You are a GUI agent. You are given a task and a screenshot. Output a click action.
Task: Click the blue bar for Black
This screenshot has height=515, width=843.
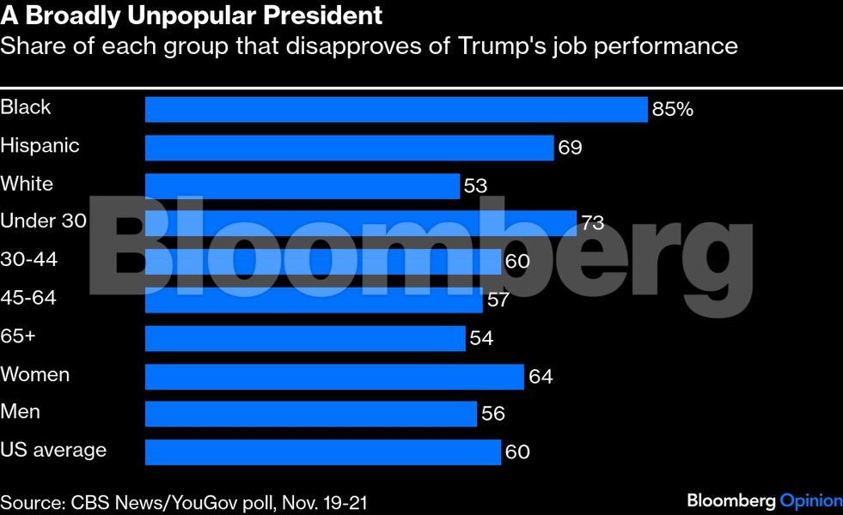[395, 109]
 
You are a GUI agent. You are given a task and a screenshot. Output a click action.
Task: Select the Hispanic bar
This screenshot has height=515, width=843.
[349, 148]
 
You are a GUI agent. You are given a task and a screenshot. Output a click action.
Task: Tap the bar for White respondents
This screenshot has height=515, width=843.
[302, 186]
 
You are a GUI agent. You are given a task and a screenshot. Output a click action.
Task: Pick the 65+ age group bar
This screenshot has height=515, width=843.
[305, 338]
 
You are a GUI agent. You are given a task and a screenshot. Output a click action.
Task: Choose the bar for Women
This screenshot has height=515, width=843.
[334, 376]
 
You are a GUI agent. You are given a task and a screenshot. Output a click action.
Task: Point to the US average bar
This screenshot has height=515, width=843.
[322, 451]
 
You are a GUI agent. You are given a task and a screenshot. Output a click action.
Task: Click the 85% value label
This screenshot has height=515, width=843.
[672, 109]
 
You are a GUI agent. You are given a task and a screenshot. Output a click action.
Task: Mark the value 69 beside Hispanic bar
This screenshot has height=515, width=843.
[570, 148]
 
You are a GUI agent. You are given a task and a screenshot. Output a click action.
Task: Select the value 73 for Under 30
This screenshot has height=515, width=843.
[592, 223]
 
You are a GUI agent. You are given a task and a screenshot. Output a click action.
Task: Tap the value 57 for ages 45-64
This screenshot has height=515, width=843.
[498, 300]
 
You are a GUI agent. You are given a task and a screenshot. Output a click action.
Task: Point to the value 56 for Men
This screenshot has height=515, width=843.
[493, 415]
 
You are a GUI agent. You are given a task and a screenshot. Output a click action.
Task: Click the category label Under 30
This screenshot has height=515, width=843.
[43, 221]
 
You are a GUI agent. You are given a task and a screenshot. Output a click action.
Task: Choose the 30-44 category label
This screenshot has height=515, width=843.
[29, 259]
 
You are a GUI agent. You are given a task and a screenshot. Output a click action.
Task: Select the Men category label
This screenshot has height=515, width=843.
[21, 411]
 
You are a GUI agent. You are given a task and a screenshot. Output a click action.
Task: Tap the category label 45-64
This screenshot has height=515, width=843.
[29, 297]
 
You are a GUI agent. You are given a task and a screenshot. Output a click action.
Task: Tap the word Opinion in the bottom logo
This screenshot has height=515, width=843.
[810, 500]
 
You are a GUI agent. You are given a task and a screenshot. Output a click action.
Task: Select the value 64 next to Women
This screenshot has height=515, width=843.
[541, 376]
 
